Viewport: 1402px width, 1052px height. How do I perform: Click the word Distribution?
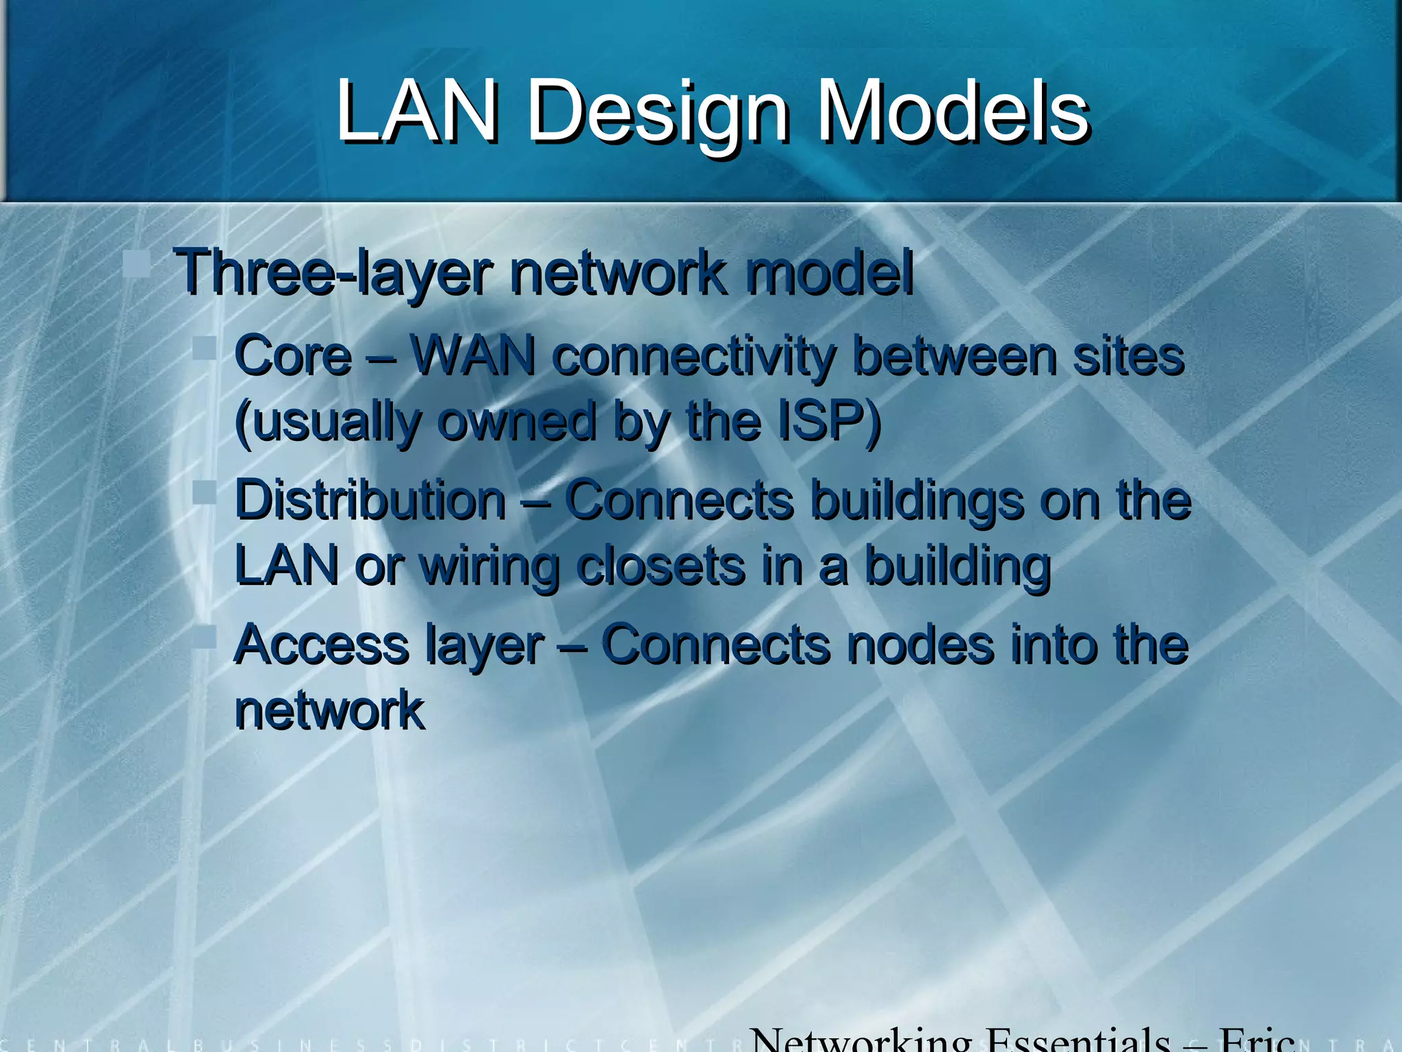370,500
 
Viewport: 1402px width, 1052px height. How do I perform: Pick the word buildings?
917,500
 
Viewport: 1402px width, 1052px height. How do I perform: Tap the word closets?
661,566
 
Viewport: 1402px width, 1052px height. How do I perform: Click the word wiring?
489,567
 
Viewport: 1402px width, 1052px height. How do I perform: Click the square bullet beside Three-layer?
137,263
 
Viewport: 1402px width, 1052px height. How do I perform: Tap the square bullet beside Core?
204,347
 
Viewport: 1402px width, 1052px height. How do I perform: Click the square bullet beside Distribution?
204,492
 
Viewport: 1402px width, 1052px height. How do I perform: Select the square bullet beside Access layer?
204,637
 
